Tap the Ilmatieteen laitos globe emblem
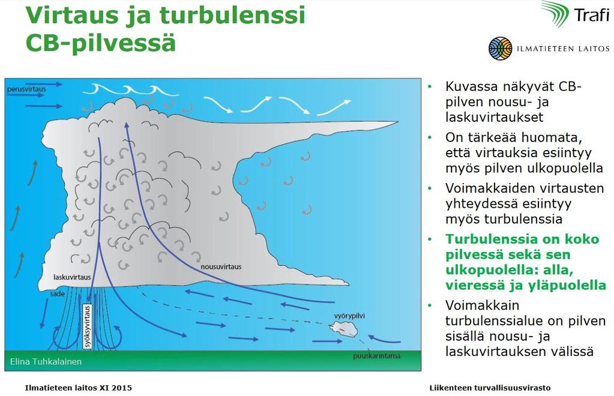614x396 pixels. pyautogui.click(x=501, y=48)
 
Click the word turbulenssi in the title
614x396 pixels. pyautogui.click(x=233, y=15)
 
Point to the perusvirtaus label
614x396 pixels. pyautogui.click(x=26, y=89)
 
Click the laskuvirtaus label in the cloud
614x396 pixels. pyautogui.click(x=72, y=277)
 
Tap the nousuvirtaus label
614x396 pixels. pyautogui.click(x=221, y=267)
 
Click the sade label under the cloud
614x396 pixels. pyautogui.click(x=57, y=293)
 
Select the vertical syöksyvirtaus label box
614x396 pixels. pyautogui.click(x=87, y=326)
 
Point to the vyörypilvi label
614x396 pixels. pyautogui.click(x=349, y=316)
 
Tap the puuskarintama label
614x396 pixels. pyautogui.click(x=377, y=356)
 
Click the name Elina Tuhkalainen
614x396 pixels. pyautogui.click(x=46, y=362)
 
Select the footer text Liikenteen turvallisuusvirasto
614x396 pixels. pyautogui.click(x=490, y=388)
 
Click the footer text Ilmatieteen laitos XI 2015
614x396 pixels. pyautogui.click(x=78, y=388)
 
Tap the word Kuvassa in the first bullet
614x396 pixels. pyautogui.click(x=471, y=86)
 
